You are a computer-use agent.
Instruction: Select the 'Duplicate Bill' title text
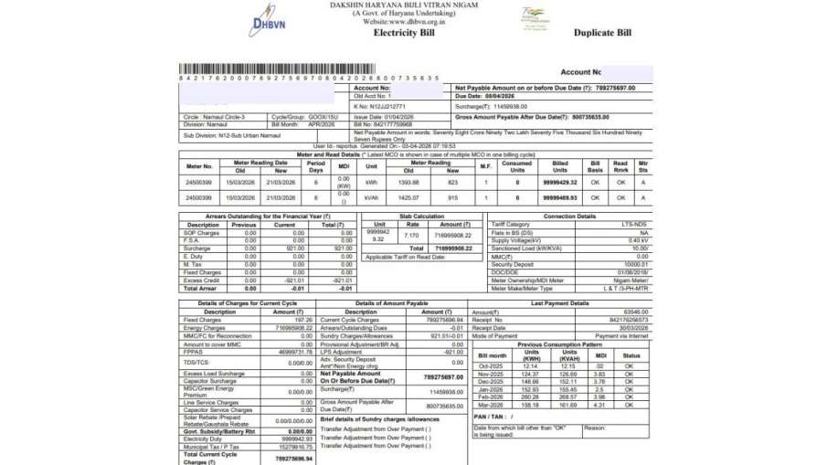click(x=602, y=33)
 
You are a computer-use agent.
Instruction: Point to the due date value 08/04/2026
click(x=506, y=96)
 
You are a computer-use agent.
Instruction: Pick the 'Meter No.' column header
click(x=199, y=166)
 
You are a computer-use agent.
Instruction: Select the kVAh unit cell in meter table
click(x=371, y=197)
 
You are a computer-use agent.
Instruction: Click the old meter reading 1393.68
click(x=408, y=184)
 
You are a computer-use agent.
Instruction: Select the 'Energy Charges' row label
click(x=204, y=327)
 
